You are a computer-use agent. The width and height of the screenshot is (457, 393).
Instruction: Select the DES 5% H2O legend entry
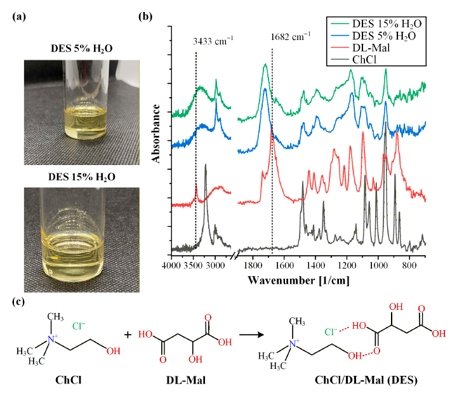click(x=373, y=36)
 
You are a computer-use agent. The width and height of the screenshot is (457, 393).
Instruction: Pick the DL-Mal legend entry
click(x=361, y=48)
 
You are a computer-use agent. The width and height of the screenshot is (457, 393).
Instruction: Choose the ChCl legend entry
click(x=354, y=60)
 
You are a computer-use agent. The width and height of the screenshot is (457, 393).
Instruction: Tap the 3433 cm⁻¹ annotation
click(x=213, y=41)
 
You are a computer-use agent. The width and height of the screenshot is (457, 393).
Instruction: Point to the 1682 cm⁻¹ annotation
click(x=291, y=36)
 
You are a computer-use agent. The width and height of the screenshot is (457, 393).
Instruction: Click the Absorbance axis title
click(x=156, y=133)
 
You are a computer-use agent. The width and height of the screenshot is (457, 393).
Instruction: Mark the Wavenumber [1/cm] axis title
click(x=298, y=281)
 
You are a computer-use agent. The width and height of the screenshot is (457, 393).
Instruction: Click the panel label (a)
click(x=19, y=17)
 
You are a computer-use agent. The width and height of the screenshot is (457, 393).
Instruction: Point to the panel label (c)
click(x=18, y=302)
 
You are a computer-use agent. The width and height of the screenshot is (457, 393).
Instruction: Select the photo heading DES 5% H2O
click(x=82, y=48)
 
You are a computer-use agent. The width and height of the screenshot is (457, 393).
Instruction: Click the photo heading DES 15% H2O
click(x=82, y=177)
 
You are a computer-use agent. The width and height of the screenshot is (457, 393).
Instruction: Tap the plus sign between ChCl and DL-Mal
click(x=128, y=335)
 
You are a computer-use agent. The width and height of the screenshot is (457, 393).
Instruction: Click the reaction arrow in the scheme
click(x=251, y=335)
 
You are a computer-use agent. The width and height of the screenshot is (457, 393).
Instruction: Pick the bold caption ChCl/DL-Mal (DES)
click(x=366, y=380)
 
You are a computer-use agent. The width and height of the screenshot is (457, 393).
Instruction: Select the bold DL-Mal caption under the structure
click(x=186, y=380)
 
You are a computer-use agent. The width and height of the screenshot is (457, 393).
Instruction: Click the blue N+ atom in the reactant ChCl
click(x=52, y=338)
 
